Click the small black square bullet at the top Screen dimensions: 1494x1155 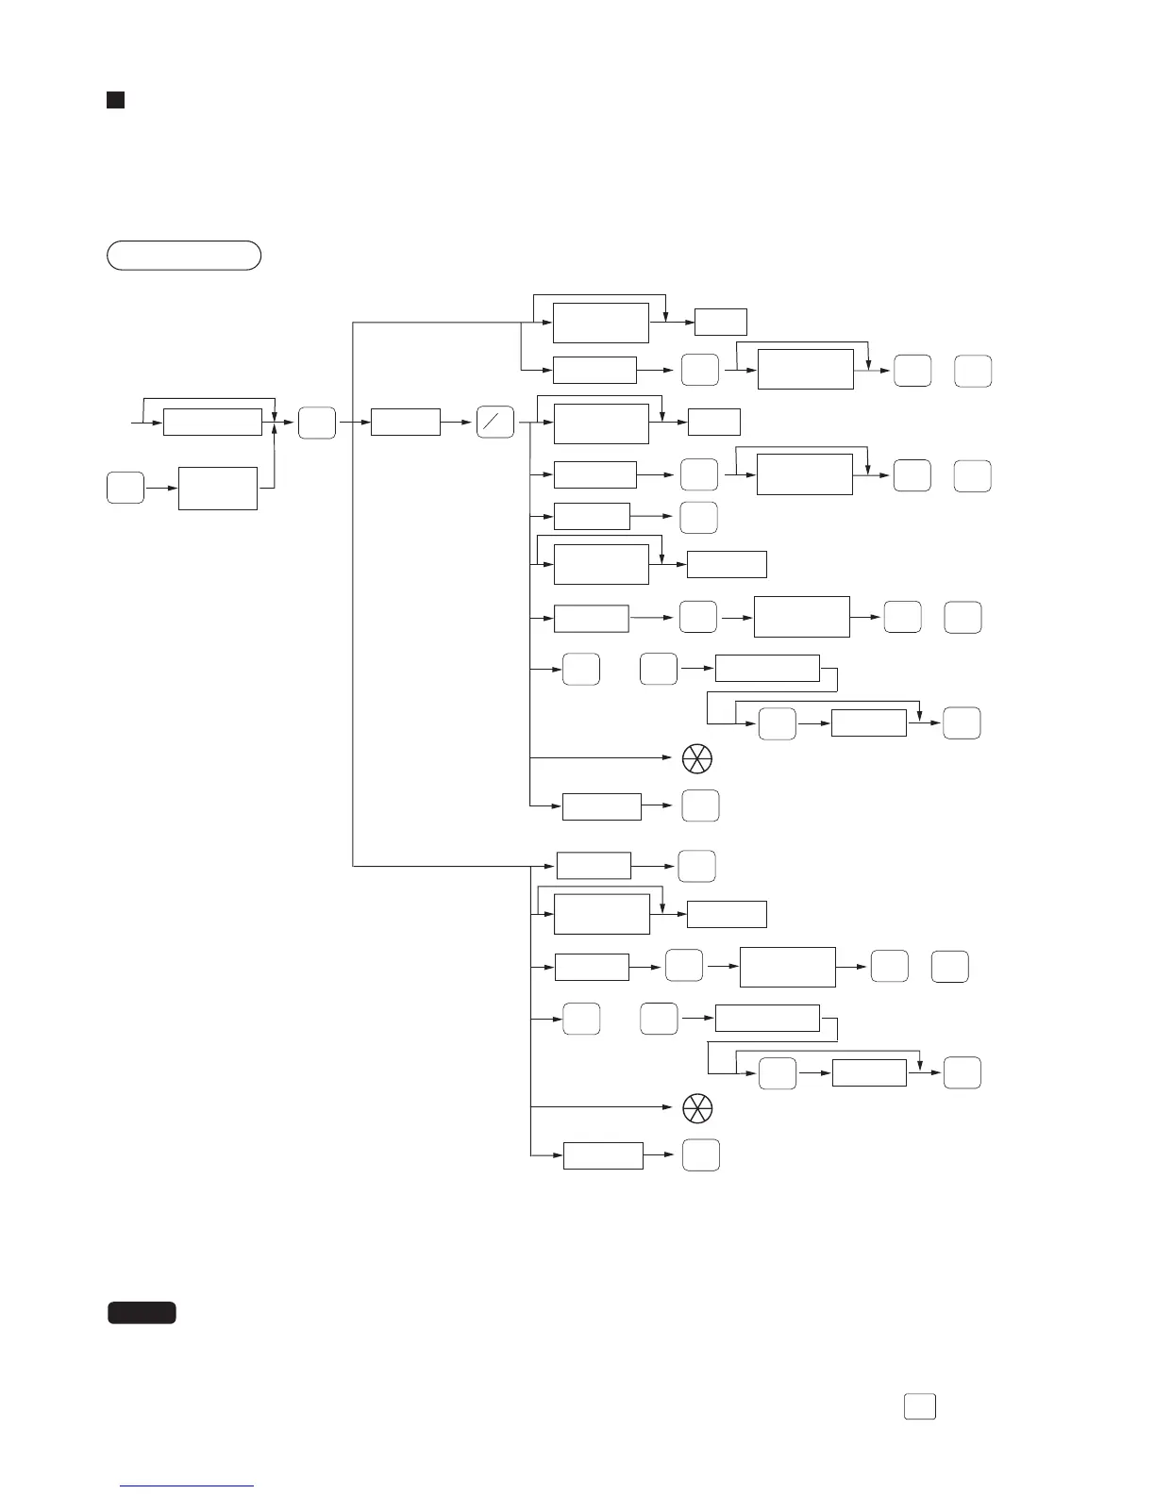[x=115, y=100]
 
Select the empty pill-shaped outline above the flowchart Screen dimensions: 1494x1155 [x=184, y=256]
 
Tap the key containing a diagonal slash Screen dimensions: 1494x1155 [x=495, y=423]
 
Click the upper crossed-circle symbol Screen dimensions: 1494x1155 [x=697, y=758]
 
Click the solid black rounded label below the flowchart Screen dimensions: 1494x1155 [x=142, y=1312]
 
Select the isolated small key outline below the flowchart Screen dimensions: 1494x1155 [x=920, y=1406]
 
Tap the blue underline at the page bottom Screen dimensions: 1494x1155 [x=187, y=1486]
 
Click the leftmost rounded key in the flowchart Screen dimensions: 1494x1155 [x=126, y=489]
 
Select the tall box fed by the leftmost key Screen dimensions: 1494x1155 [x=218, y=489]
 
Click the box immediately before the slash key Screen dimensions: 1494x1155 [x=406, y=423]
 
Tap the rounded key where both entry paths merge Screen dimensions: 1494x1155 [x=317, y=423]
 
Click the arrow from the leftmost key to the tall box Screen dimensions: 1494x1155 [x=161, y=489]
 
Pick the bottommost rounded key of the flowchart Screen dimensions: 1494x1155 [x=701, y=1155]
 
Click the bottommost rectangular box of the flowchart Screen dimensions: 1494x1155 [x=603, y=1155]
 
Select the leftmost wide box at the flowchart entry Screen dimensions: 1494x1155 [x=212, y=423]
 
